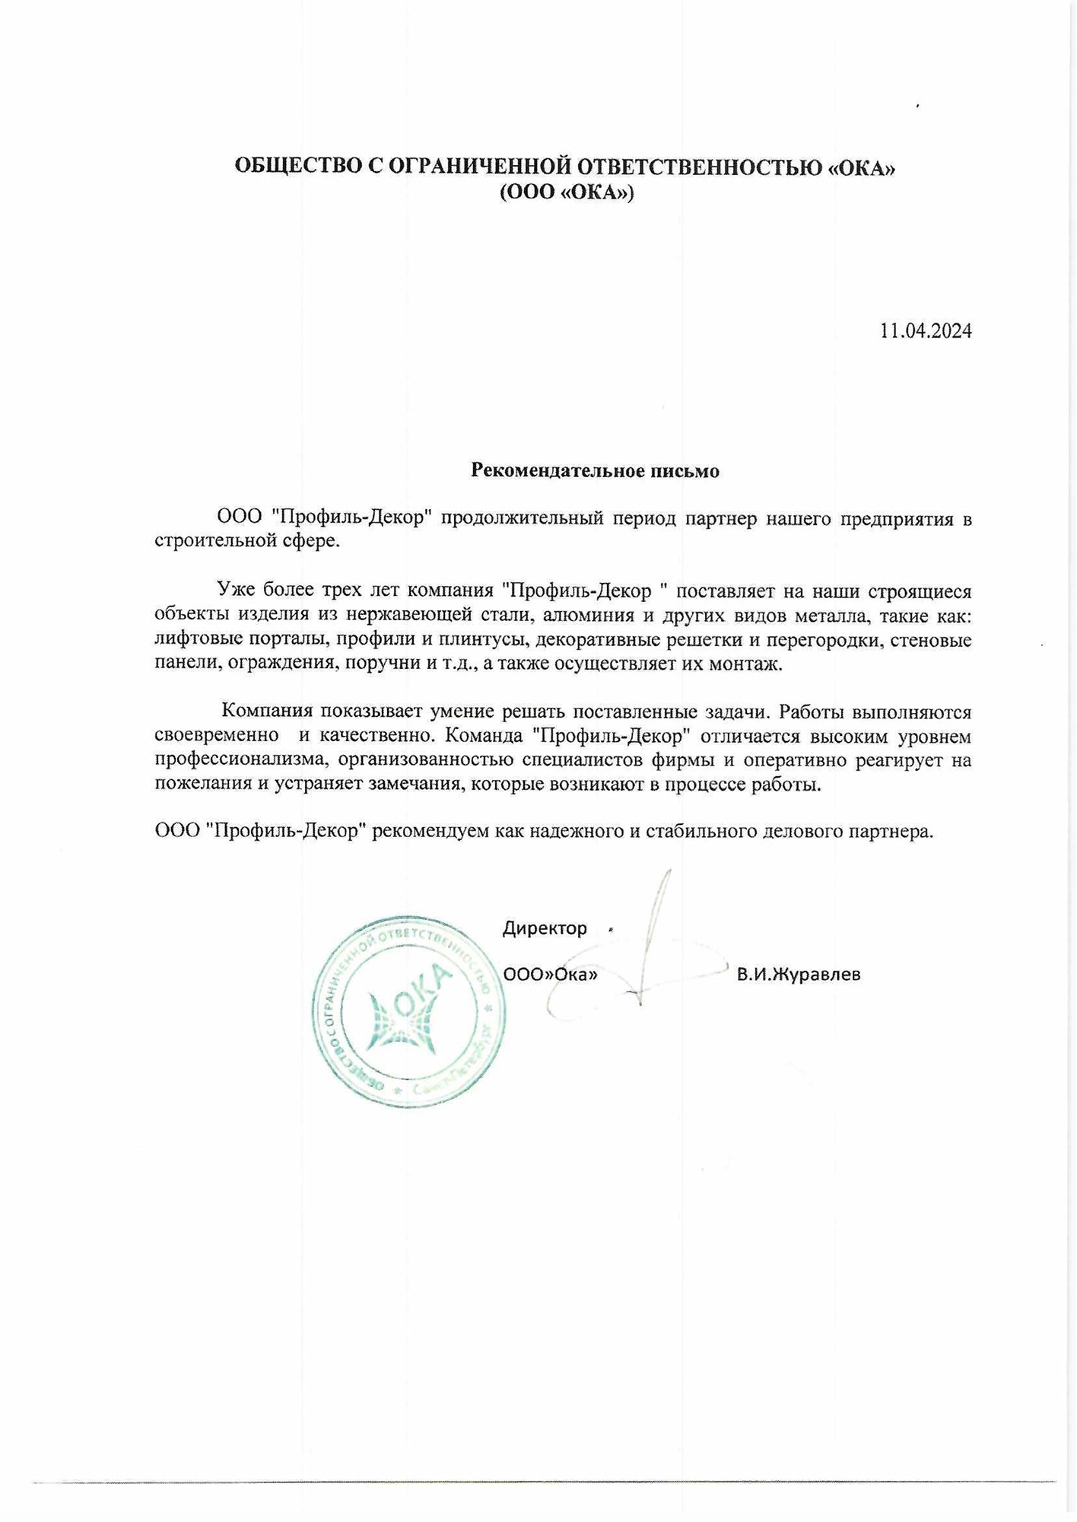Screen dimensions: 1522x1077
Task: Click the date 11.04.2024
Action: (x=925, y=331)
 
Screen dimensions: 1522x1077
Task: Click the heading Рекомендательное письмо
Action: (x=595, y=470)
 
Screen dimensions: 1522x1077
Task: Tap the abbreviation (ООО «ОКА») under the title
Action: (x=566, y=193)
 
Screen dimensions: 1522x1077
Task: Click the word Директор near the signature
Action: (x=545, y=928)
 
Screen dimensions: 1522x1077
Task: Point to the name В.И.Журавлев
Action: (x=798, y=974)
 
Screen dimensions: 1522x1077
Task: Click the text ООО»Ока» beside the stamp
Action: (x=550, y=974)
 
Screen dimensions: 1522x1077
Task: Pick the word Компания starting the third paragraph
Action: (x=268, y=712)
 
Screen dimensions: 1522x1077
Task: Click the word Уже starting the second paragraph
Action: (x=234, y=591)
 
